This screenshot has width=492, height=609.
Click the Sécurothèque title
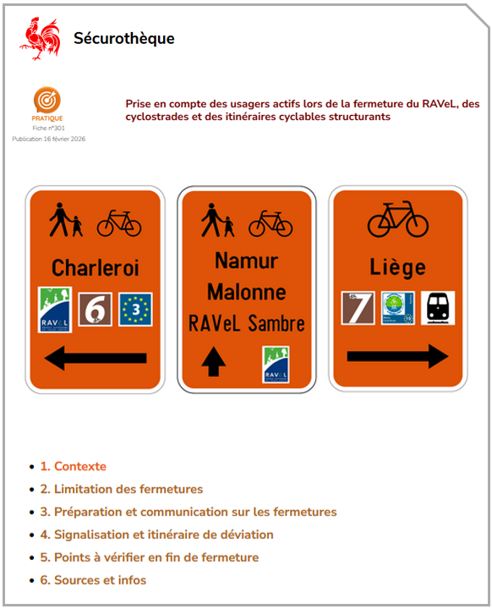click(x=124, y=38)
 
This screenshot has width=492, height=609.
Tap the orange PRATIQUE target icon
click(x=46, y=100)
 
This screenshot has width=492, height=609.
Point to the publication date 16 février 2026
click(x=48, y=139)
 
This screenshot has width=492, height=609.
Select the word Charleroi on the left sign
click(x=95, y=267)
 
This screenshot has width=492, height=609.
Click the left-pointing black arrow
click(x=95, y=359)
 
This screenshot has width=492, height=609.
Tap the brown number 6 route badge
click(x=95, y=310)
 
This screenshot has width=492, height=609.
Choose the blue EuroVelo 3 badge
click(x=135, y=310)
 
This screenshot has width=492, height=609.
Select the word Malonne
click(x=246, y=292)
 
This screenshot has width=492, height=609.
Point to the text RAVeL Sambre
click(x=246, y=323)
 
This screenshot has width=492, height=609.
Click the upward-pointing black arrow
click(x=214, y=362)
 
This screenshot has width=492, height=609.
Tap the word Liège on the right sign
click(x=397, y=267)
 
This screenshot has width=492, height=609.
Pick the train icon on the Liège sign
click(x=438, y=308)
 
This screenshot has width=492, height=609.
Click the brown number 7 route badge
click(x=358, y=308)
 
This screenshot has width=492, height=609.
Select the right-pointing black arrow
click(x=397, y=356)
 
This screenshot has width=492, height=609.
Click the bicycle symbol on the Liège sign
click(x=397, y=219)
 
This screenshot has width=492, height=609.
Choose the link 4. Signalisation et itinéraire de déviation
click(x=163, y=535)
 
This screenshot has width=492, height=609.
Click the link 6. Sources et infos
click(x=100, y=580)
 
